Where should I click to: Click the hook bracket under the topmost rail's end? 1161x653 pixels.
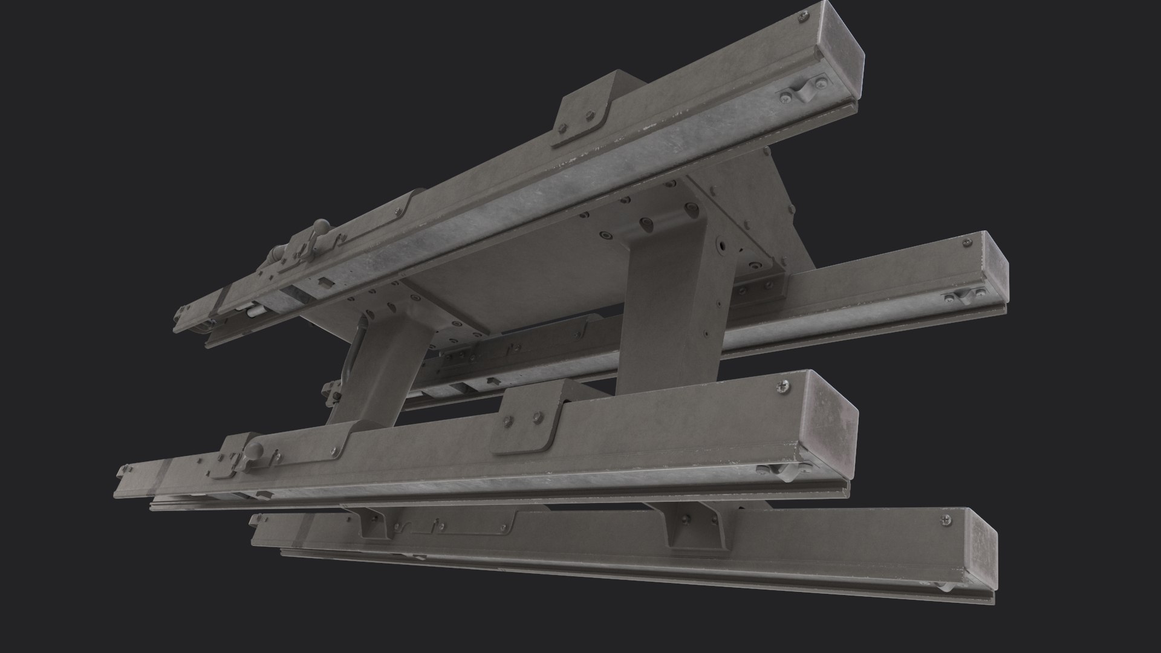tap(804, 91)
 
